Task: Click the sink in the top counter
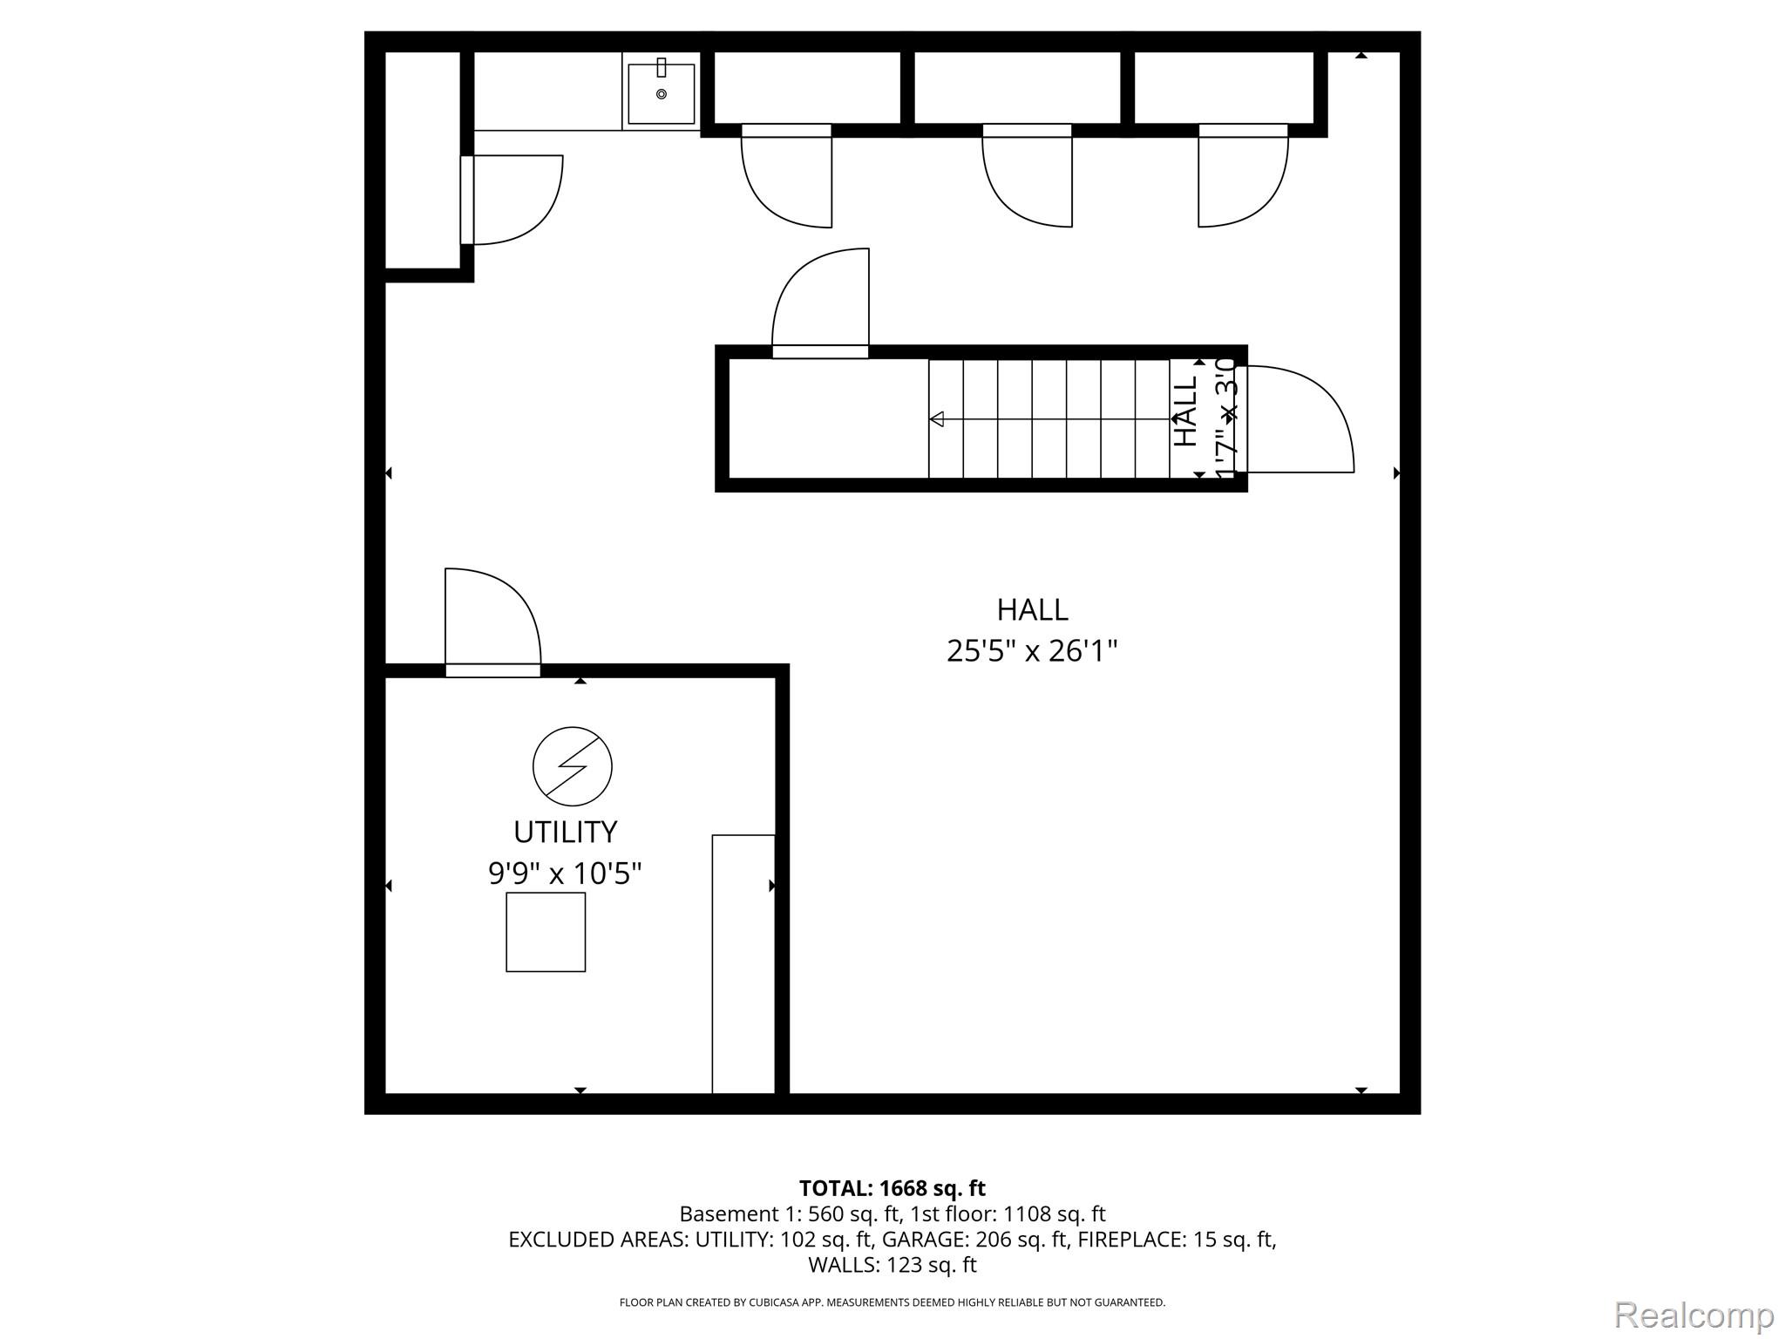point(661,93)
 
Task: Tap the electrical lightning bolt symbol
point(572,766)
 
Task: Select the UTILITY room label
point(565,832)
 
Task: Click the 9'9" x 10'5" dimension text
point(565,873)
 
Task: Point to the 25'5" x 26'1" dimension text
point(1032,650)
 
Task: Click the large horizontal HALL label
point(1032,609)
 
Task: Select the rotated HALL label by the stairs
point(1185,412)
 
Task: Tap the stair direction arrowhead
point(937,419)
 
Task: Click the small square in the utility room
point(546,932)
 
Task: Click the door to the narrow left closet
point(514,200)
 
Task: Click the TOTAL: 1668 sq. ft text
point(892,1188)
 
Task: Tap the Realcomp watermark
point(1693,1315)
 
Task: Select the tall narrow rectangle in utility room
point(743,963)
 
